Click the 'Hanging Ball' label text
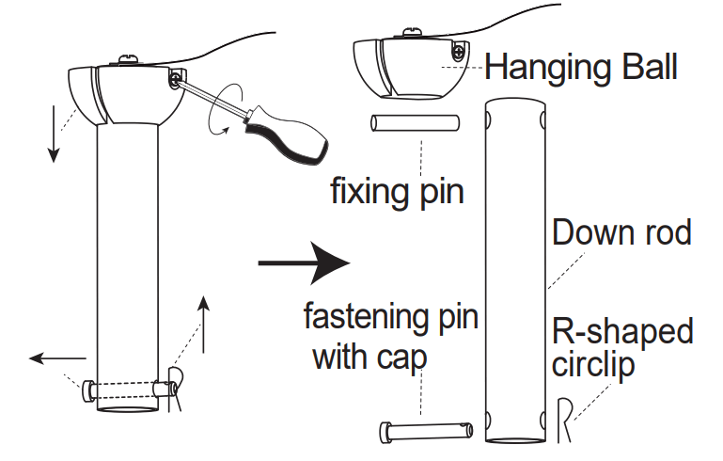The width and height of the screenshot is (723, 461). (581, 67)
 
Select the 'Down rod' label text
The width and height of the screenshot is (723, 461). (621, 231)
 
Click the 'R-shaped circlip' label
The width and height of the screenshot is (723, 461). (621, 347)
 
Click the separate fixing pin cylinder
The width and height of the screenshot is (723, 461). (415, 124)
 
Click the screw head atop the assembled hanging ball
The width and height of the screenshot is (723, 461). (128, 61)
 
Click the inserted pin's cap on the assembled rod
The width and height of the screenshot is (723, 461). (87, 389)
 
